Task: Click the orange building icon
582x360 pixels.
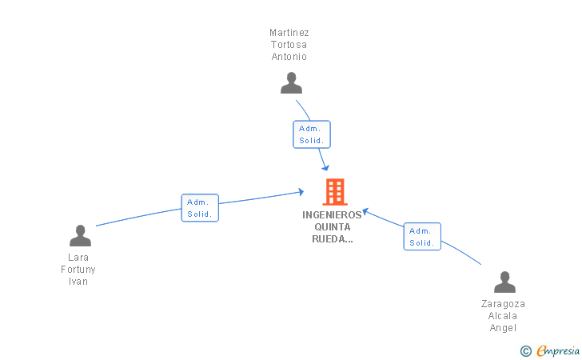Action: click(x=335, y=192)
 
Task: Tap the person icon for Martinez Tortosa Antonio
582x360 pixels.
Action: click(x=291, y=83)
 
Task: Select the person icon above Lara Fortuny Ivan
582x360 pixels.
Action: click(x=80, y=235)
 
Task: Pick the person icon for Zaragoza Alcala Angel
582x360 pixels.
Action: click(x=504, y=282)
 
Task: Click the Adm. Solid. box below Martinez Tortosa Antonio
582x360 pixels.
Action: click(x=312, y=134)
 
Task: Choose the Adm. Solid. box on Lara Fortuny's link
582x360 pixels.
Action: click(x=200, y=208)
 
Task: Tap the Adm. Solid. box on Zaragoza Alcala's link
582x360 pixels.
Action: click(x=422, y=237)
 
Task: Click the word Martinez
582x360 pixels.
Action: click(x=289, y=33)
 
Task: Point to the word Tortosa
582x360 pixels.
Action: click(x=289, y=45)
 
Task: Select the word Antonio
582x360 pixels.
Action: click(x=289, y=57)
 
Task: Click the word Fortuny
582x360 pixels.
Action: click(x=78, y=270)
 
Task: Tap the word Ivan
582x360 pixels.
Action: click(x=78, y=282)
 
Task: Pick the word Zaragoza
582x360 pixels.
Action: click(x=503, y=304)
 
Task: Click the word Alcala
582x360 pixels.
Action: click(x=503, y=316)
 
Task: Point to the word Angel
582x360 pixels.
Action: click(x=503, y=328)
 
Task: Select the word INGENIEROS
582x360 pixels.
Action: click(x=333, y=215)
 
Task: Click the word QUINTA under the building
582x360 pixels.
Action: click(x=333, y=227)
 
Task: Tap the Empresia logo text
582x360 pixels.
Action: click(x=558, y=350)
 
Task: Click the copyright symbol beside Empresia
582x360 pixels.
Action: click(x=526, y=351)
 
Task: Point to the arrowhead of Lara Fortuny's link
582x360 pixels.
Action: click(x=301, y=192)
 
